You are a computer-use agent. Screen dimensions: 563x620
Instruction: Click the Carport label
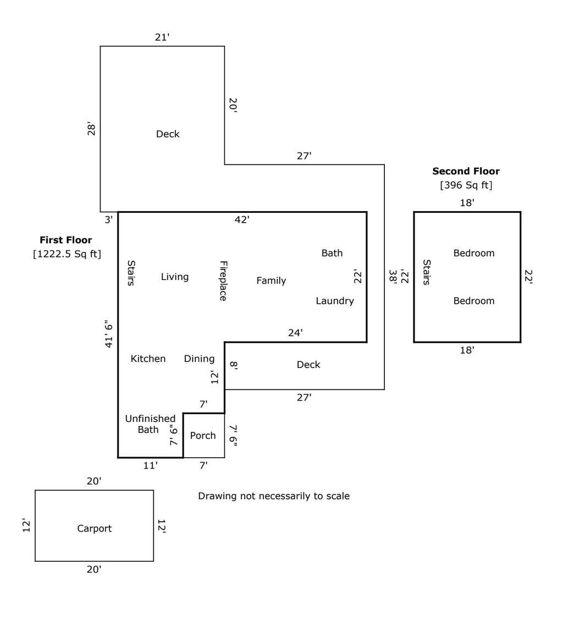click(95, 528)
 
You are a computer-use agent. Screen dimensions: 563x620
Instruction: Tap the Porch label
click(203, 435)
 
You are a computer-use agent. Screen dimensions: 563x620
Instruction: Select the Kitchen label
click(148, 359)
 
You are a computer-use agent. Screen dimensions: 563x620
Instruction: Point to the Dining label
click(199, 359)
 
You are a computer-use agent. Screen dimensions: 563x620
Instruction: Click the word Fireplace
click(223, 281)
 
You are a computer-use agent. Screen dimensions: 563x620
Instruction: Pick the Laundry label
click(335, 301)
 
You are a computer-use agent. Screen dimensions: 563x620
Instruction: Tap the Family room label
click(271, 281)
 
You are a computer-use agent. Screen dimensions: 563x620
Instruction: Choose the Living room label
click(175, 277)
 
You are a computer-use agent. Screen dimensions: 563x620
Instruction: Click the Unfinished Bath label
click(150, 424)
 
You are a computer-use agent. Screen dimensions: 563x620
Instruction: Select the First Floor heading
click(66, 240)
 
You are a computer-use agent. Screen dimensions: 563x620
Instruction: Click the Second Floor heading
click(466, 171)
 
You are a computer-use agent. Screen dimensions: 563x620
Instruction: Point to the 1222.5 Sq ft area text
click(67, 254)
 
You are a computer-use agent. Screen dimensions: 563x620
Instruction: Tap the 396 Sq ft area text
click(466, 185)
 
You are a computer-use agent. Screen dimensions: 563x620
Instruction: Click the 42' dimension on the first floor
click(242, 220)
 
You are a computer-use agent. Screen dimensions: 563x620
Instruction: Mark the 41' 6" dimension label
click(109, 334)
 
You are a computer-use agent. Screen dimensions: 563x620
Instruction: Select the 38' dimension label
click(393, 276)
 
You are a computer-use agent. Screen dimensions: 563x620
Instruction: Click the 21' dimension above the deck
click(162, 37)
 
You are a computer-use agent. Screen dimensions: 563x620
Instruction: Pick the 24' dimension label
click(295, 333)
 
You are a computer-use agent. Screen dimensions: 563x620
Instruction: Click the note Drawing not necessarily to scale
click(274, 496)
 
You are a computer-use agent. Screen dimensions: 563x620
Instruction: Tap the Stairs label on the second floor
click(426, 272)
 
